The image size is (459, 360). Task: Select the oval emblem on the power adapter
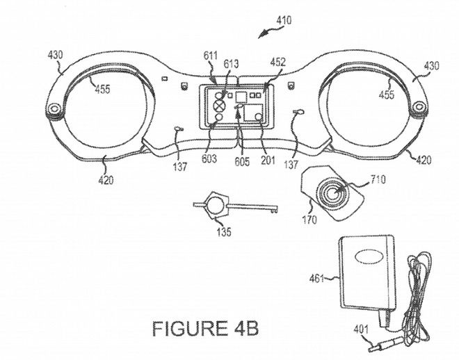[x=369, y=257]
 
